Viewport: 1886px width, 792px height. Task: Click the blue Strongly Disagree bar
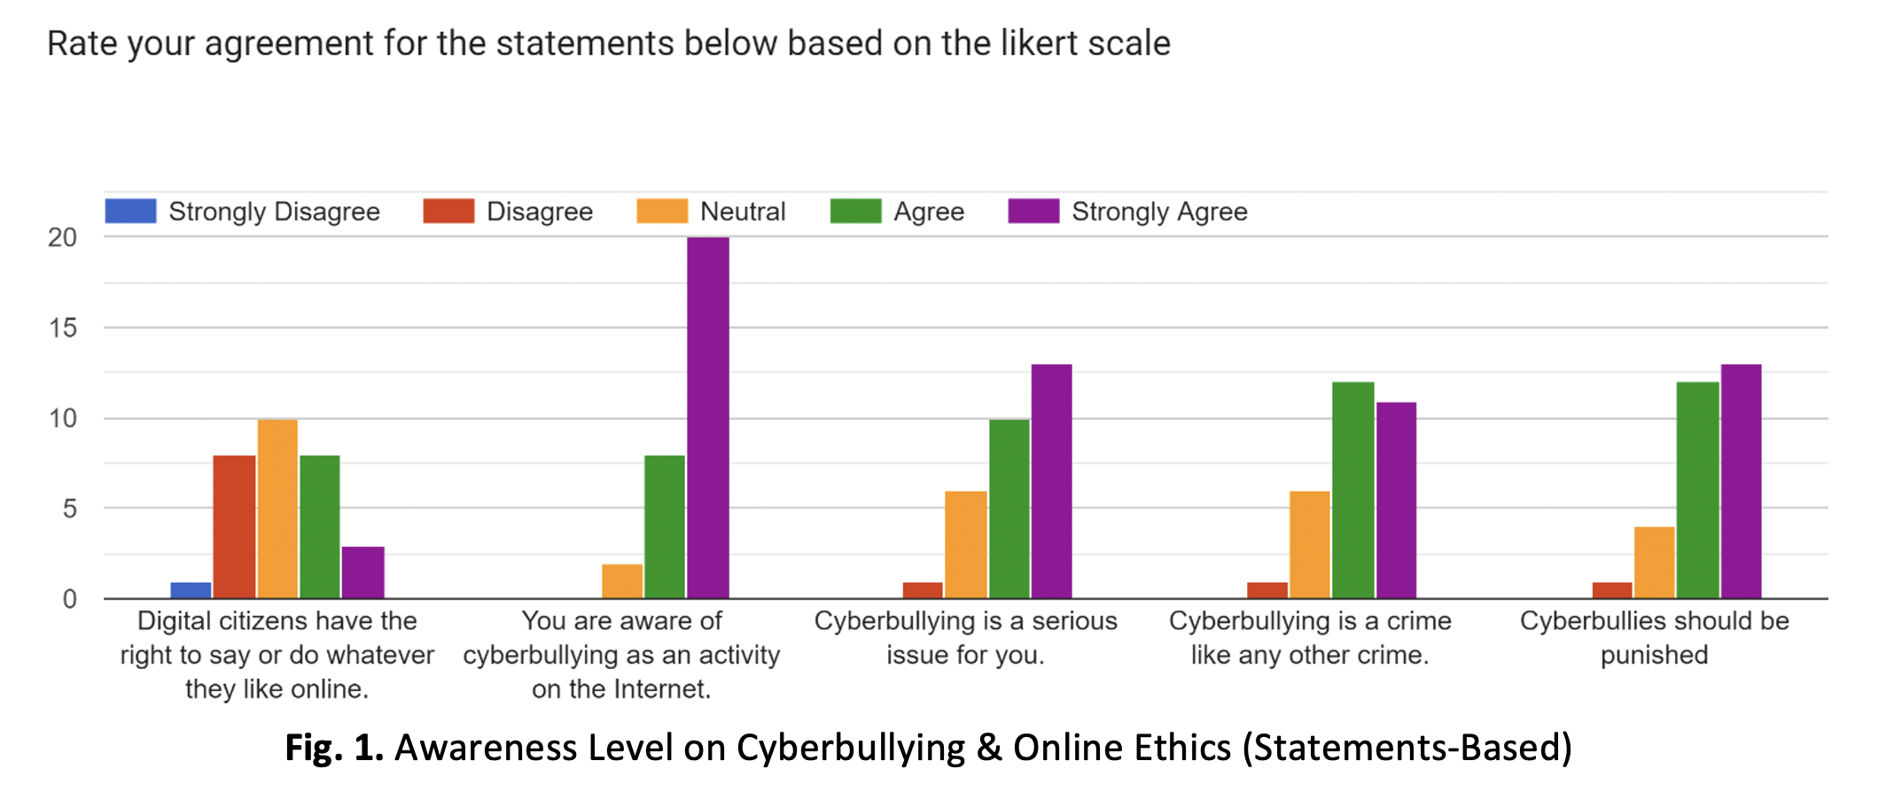[191, 590]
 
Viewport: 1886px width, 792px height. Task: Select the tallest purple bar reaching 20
[708, 417]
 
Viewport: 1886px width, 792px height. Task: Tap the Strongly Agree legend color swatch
[1033, 211]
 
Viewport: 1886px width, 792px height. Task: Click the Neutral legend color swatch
[662, 211]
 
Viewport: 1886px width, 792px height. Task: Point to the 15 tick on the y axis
[63, 328]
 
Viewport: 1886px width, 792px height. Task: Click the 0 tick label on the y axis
[69, 599]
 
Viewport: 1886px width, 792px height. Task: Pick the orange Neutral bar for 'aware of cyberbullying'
[622, 581]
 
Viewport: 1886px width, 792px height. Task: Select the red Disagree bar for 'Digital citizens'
[234, 526]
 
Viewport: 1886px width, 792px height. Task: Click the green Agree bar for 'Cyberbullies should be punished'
[1697, 490]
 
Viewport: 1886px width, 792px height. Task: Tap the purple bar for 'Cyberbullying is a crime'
[1396, 500]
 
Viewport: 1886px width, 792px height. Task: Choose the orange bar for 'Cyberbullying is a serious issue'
[965, 544]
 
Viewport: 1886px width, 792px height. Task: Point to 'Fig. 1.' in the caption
[333, 747]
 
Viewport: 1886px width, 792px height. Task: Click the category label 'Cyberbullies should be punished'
[1654, 637]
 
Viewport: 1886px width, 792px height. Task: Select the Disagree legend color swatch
[448, 211]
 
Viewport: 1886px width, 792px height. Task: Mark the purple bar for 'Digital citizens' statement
[363, 572]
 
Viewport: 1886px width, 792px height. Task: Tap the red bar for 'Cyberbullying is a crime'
[1267, 590]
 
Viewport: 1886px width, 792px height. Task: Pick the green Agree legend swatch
[855, 211]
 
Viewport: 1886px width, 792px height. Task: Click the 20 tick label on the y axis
[63, 237]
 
